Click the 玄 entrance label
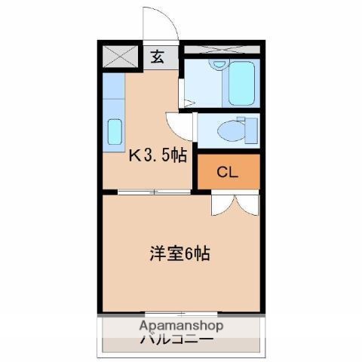click(158, 56)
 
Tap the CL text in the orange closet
click(227, 172)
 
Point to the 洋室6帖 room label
click(180, 253)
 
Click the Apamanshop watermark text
click(181, 327)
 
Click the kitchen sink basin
click(115, 135)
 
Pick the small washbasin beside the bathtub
click(216, 68)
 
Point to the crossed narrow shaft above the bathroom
click(222, 49)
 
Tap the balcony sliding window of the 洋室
click(181, 313)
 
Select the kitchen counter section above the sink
click(114, 94)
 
